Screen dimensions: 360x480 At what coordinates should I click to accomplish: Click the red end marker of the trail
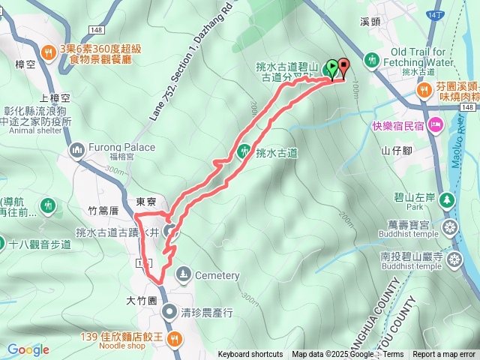(343, 67)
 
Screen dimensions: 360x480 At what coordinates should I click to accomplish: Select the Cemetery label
(217, 275)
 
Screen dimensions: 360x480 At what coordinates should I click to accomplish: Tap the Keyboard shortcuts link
(250, 355)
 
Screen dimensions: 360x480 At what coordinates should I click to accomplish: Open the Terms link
(394, 355)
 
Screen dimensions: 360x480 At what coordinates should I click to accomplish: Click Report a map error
(444, 355)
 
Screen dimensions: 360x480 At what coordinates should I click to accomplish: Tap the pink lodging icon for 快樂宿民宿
(436, 124)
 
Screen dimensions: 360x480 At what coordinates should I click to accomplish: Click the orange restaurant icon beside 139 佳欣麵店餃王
(174, 339)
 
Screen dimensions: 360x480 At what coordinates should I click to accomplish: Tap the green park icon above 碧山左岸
(447, 199)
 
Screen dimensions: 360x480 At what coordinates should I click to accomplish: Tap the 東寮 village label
(145, 202)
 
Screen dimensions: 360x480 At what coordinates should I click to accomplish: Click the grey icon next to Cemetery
(184, 275)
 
